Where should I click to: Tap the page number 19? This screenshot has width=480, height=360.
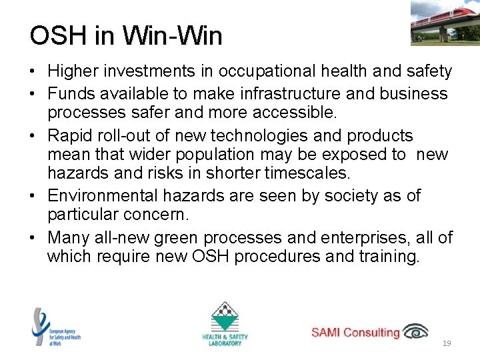tap(447, 343)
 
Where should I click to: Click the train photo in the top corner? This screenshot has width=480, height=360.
tap(445, 22)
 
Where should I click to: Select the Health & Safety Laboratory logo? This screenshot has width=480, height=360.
tap(225, 324)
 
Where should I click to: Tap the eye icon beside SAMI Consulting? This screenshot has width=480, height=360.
tap(416, 331)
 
